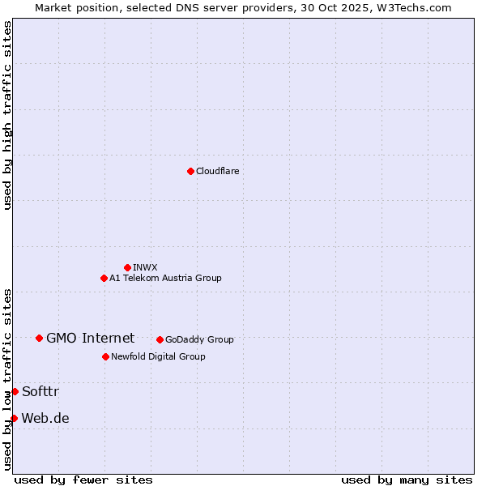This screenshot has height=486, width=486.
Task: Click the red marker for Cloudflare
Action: coord(190,171)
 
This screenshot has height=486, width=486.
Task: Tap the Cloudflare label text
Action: coord(217,171)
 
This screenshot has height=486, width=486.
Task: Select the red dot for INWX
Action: coord(127,267)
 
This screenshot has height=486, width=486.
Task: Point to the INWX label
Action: coord(145,267)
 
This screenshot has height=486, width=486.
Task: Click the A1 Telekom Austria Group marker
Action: coord(104,278)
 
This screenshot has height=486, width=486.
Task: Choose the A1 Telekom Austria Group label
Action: coord(165,278)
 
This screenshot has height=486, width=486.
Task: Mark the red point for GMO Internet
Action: coord(39,338)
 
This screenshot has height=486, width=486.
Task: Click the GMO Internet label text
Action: coord(90,338)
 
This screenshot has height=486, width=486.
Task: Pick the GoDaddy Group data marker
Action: coord(160,339)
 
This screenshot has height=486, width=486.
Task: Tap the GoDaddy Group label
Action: coord(199,339)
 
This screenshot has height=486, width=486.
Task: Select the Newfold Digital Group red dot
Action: coord(105,356)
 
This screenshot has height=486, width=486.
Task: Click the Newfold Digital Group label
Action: coord(158,356)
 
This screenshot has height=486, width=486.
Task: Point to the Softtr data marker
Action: coord(15,391)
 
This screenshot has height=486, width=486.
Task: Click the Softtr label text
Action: coord(40,391)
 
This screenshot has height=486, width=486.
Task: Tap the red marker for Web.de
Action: coord(14,418)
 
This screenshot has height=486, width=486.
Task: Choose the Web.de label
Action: coord(45,418)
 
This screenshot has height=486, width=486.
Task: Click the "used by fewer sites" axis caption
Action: coord(83,480)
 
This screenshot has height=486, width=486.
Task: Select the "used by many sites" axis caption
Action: coord(407,480)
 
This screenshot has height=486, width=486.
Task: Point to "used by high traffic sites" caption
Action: coord(7,115)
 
